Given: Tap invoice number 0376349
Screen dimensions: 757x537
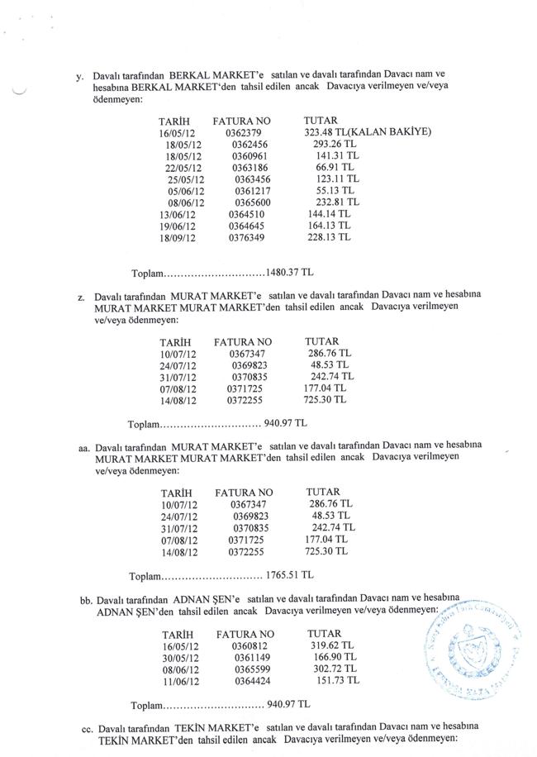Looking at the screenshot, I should tap(247, 236).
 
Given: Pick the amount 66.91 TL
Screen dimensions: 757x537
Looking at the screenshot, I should tap(335, 167).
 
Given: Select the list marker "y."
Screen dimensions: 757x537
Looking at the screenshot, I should tap(78, 76).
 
